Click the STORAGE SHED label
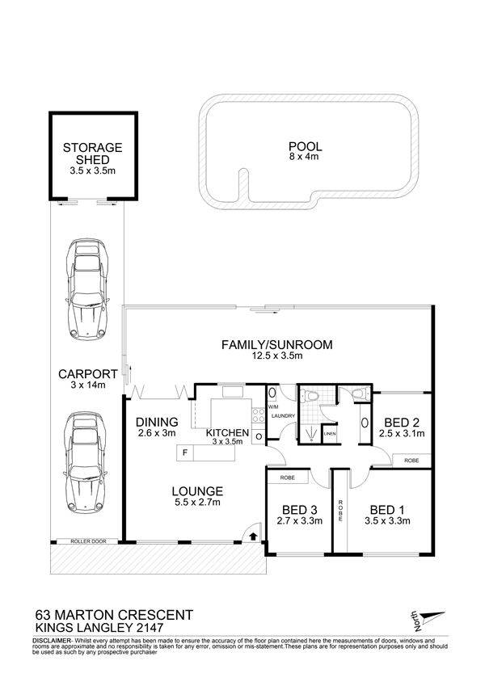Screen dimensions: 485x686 (x=92, y=154)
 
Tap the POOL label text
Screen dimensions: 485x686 (x=305, y=146)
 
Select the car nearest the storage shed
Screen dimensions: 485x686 (x=87, y=289)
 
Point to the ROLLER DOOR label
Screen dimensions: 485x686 (x=88, y=541)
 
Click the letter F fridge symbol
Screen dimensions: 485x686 (x=185, y=452)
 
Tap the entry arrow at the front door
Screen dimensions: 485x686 (x=253, y=536)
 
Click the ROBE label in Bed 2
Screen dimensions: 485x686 (x=411, y=461)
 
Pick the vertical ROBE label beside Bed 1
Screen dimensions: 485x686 (x=339, y=511)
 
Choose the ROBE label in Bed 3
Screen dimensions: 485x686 (x=287, y=478)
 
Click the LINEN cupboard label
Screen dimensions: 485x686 (x=330, y=434)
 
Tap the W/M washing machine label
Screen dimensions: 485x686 (x=272, y=406)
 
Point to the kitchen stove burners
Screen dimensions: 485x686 (x=258, y=415)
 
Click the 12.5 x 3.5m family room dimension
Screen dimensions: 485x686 (x=276, y=356)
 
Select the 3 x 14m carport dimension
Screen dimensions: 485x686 (x=87, y=385)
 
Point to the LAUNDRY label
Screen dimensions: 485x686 (x=283, y=416)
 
